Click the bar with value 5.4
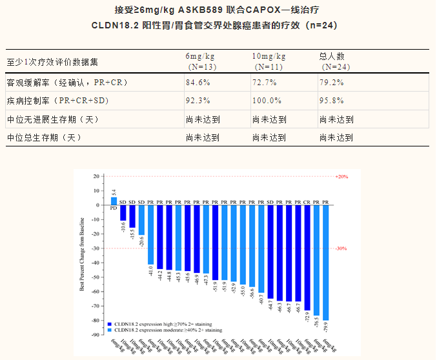click(114, 201)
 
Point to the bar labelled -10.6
click(123, 212)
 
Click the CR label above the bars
click(307, 201)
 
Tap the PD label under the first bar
click(114, 209)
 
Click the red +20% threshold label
click(341, 176)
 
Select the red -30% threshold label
click(341, 248)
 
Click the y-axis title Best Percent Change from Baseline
click(82, 255)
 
